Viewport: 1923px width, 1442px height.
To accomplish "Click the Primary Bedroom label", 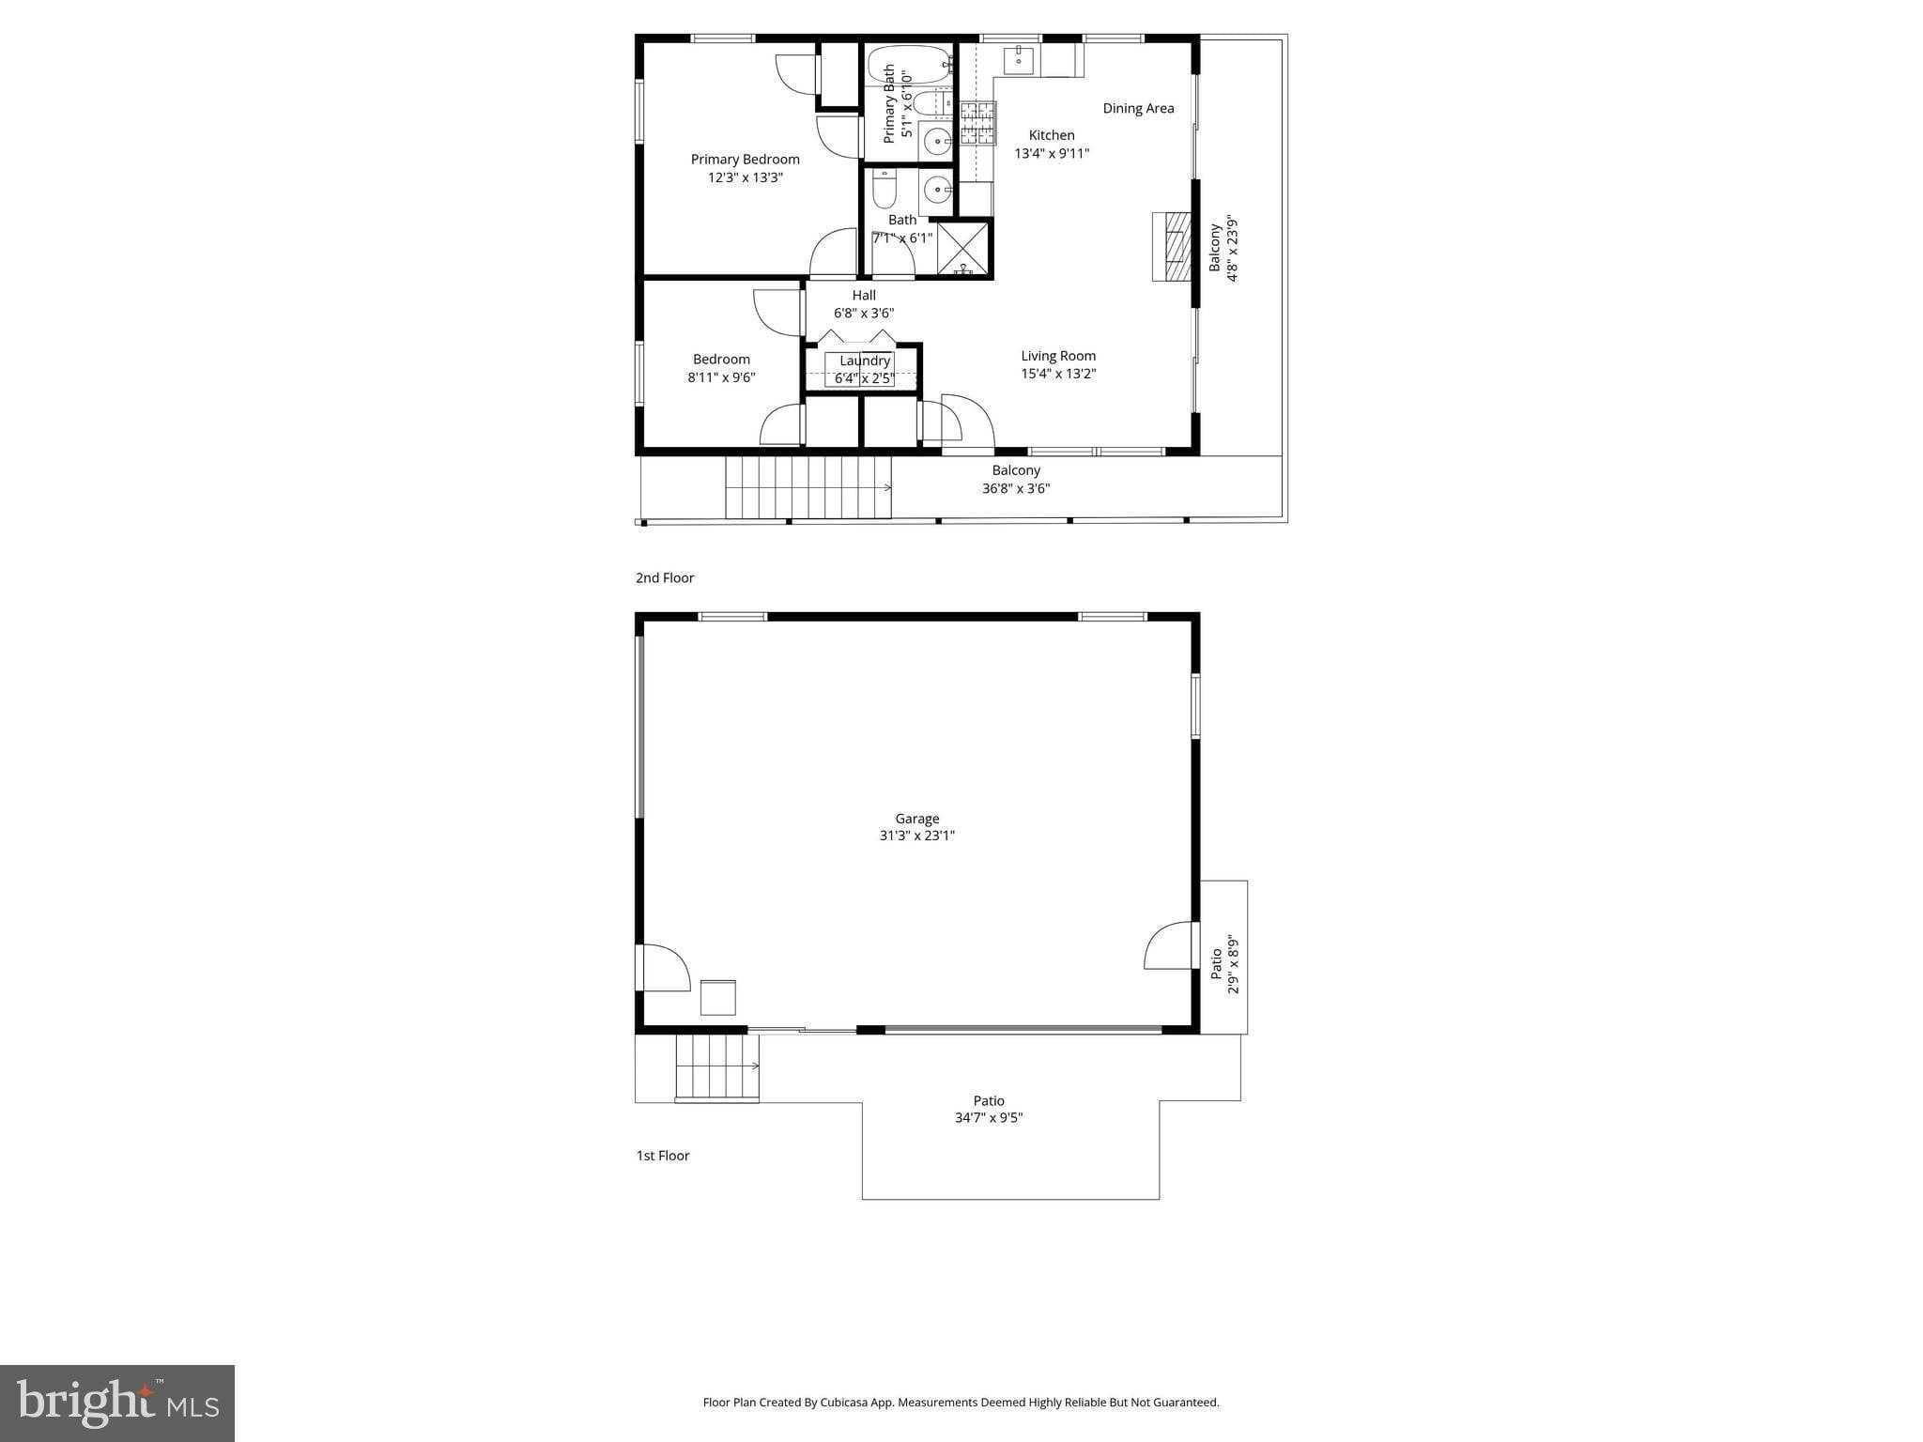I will (745, 160).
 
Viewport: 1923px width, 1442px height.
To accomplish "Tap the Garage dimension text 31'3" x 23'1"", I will (916, 836).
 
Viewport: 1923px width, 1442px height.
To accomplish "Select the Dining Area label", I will (1138, 109).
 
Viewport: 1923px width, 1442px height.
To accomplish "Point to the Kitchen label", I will (1051, 135).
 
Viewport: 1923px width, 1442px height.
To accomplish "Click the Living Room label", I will (1058, 356).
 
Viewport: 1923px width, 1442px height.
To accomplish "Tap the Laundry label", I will (864, 360).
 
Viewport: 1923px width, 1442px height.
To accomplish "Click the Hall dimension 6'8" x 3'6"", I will (864, 314).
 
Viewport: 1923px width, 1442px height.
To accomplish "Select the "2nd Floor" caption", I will (665, 578).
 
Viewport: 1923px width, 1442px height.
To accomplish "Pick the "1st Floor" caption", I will (663, 1156).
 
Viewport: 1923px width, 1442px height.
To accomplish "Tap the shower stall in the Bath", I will (963, 248).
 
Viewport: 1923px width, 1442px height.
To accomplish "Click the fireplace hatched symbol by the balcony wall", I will (1173, 247).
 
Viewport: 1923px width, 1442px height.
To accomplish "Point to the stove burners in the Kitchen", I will (977, 124).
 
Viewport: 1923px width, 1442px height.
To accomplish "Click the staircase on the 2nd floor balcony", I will (808, 487).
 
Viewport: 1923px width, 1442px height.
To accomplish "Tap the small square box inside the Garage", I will (718, 997).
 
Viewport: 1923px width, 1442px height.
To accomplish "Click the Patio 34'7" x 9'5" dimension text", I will (988, 1118).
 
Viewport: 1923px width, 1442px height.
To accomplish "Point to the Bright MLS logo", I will (117, 1404).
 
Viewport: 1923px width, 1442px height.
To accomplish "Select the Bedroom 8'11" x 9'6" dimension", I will (721, 378).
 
